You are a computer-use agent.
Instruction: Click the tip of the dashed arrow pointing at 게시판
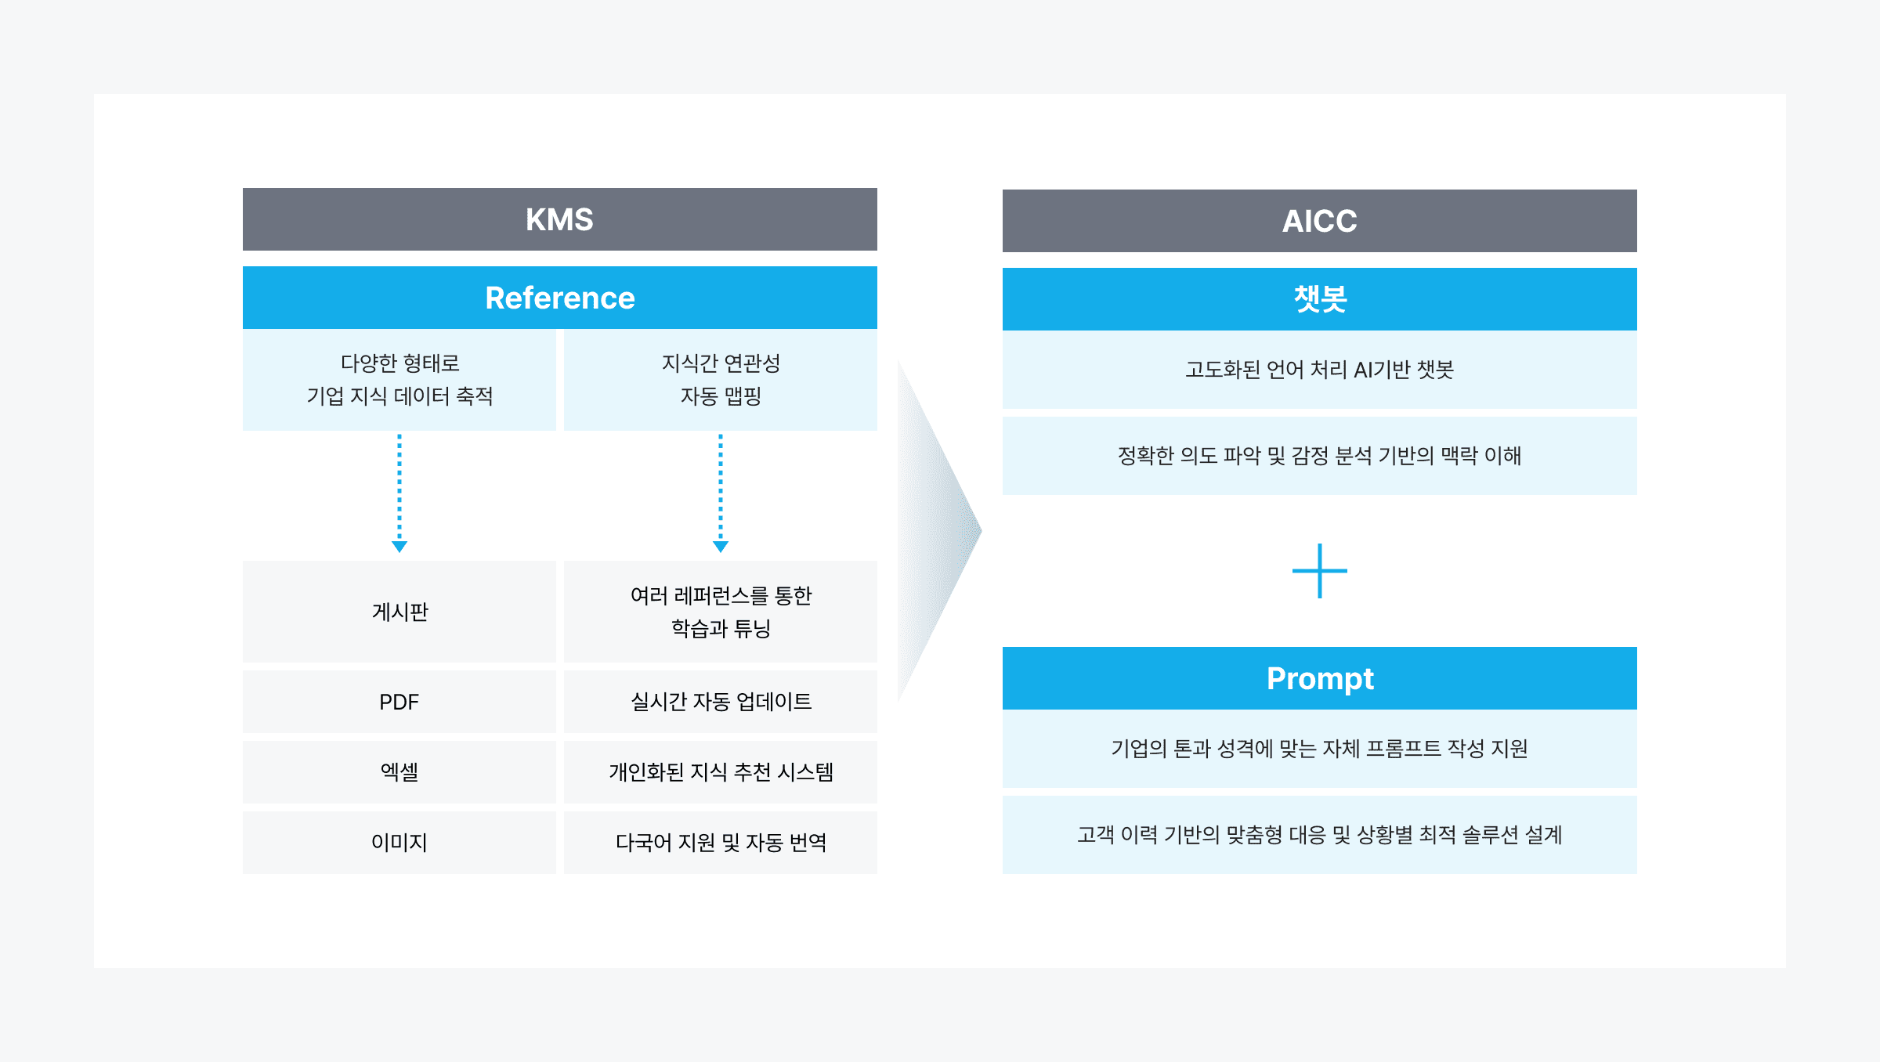(399, 553)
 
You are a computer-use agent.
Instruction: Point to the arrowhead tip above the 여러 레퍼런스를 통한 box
(721, 553)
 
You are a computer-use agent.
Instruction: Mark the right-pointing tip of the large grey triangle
(982, 531)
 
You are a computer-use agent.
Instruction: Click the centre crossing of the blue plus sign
(1320, 571)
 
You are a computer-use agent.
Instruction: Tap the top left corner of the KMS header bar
(243, 188)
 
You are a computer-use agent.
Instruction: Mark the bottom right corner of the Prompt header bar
(1637, 710)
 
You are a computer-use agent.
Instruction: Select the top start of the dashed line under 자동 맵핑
(721, 435)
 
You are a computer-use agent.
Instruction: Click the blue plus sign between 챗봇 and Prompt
(1320, 571)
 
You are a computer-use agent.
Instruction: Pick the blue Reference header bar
(560, 298)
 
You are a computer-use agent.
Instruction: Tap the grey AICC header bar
(1320, 221)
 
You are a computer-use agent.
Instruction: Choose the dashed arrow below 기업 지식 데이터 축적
(399, 493)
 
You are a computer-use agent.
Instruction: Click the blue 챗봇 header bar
(1320, 299)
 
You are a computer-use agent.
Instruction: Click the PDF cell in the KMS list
(399, 702)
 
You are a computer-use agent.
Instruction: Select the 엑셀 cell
(399, 772)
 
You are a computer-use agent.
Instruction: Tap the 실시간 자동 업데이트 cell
(721, 702)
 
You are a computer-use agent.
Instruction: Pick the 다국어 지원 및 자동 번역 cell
(721, 843)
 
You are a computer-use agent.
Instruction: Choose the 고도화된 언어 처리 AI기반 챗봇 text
(1320, 370)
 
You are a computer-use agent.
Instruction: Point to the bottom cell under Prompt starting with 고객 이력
(1320, 835)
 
